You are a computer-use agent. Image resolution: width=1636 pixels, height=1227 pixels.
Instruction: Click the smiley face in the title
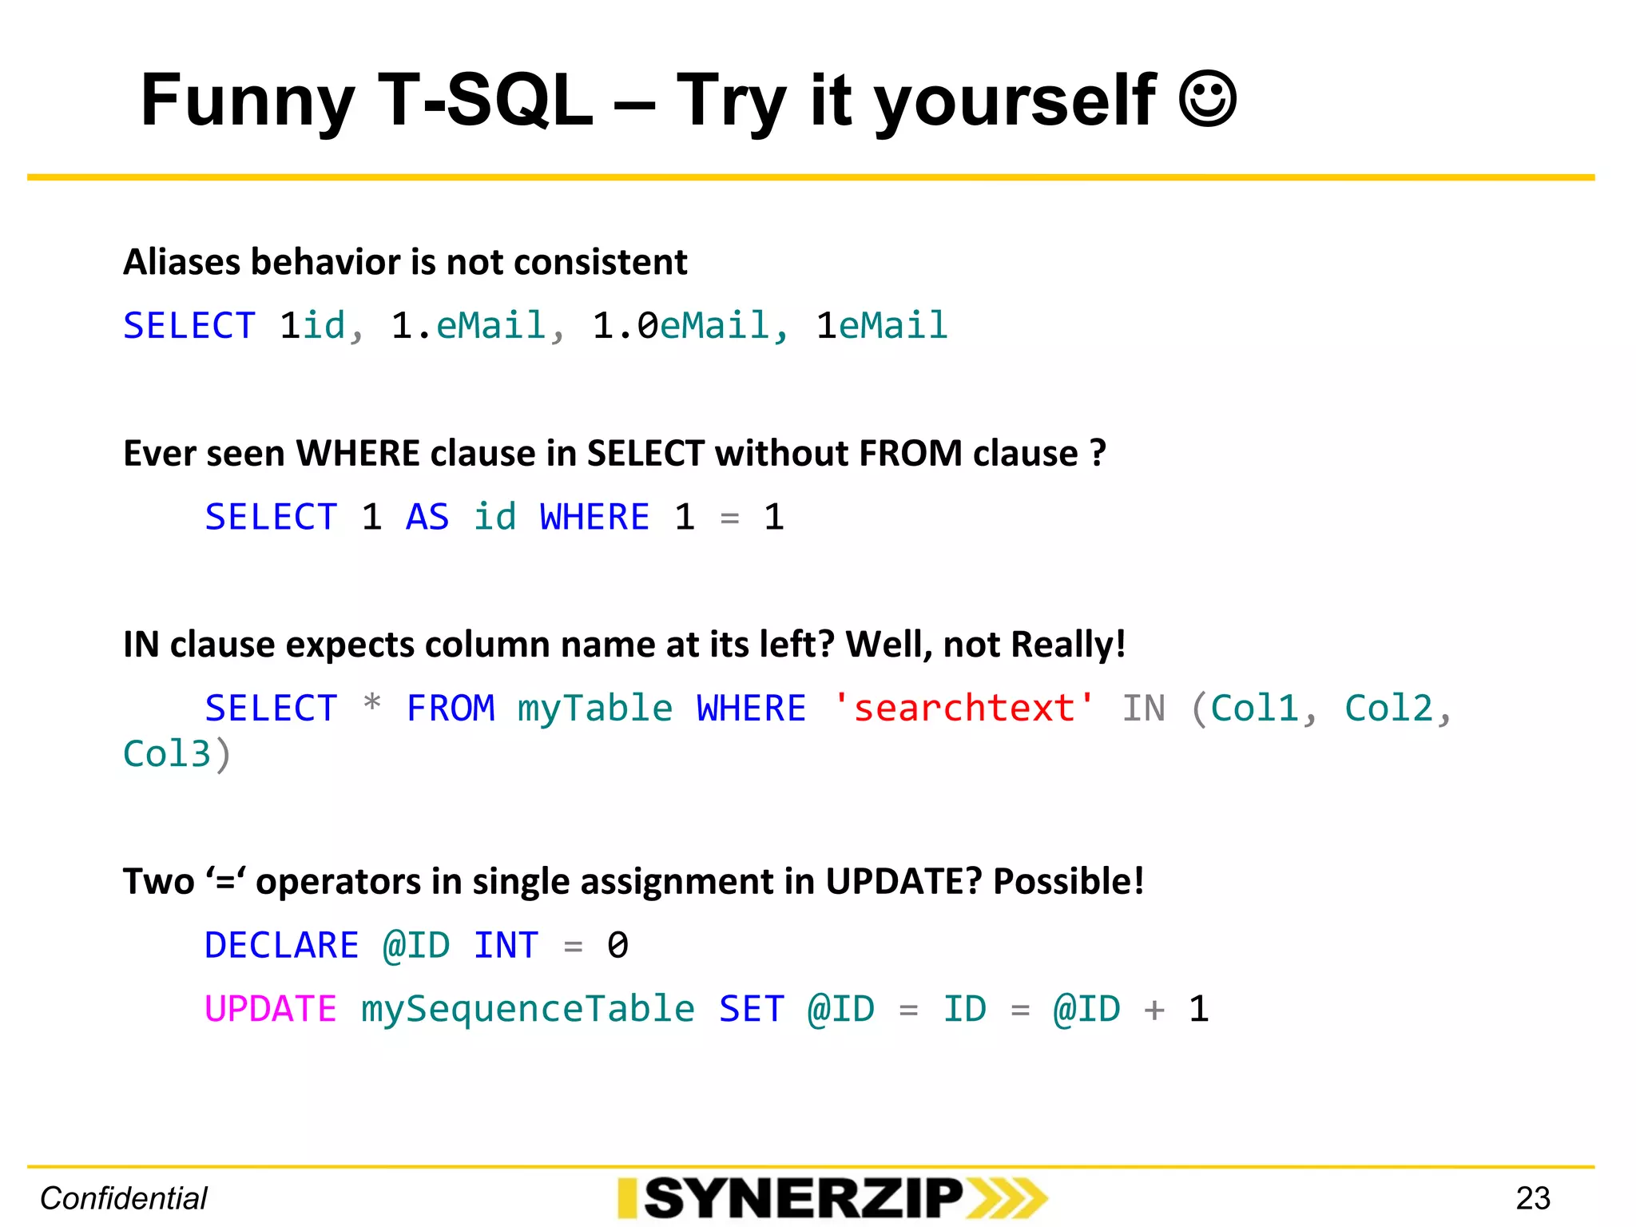[x=1208, y=100]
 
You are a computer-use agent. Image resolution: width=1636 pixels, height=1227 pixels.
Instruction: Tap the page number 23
[x=1533, y=1198]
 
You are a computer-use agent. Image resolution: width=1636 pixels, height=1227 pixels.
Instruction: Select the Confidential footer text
[x=124, y=1198]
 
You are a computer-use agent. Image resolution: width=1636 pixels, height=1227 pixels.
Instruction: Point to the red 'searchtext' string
[x=963, y=709]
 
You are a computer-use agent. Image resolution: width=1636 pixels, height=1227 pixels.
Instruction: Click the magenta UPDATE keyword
[x=270, y=1009]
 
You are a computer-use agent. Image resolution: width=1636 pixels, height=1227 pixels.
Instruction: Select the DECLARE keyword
[x=281, y=946]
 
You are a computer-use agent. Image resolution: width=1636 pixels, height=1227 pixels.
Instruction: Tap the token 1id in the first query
[x=313, y=326]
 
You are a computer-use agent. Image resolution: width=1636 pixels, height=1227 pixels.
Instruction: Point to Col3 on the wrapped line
[x=167, y=755]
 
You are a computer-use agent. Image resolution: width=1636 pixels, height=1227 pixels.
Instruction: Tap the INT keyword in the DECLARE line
[x=506, y=946]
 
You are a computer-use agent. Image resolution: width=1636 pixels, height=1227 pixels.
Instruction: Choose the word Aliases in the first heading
[x=182, y=262]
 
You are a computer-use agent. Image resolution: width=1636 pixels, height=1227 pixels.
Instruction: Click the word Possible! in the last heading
[x=1068, y=882]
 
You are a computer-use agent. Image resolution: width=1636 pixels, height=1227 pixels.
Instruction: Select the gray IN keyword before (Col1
[x=1143, y=709]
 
